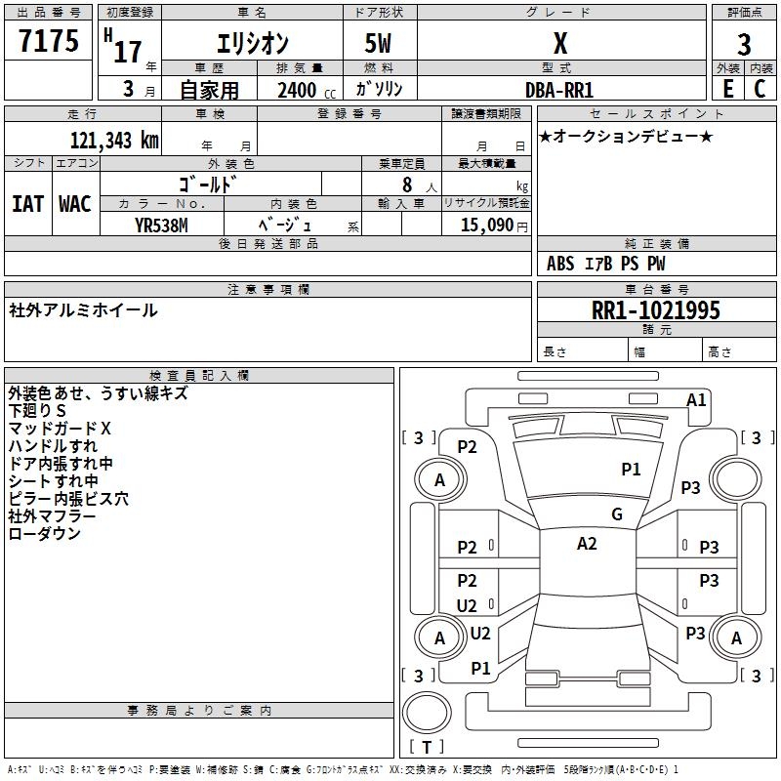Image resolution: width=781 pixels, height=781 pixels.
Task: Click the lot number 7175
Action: click(49, 40)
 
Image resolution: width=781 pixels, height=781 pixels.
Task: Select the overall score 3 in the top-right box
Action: click(744, 45)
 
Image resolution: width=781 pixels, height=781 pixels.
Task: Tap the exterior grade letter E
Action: click(727, 89)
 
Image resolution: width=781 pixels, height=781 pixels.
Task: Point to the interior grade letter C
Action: click(760, 89)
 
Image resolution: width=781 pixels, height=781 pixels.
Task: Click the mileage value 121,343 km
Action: click(114, 140)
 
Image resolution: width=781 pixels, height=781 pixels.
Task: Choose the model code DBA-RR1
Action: click(559, 90)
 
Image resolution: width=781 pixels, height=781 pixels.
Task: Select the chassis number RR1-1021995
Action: click(655, 310)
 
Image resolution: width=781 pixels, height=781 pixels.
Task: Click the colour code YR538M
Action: click(161, 226)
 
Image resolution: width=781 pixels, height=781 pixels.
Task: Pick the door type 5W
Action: click(378, 43)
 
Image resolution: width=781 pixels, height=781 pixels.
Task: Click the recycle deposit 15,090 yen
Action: click(494, 226)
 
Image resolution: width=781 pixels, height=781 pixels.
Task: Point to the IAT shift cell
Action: click(27, 204)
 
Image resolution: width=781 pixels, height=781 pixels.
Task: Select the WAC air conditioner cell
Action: click(75, 204)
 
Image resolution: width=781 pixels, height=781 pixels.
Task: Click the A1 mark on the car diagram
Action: click(696, 400)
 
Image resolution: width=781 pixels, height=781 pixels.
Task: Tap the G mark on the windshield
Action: click(617, 514)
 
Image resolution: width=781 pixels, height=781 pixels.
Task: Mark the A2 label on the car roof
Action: click(587, 544)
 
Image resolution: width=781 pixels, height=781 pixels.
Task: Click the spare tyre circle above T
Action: click(427, 713)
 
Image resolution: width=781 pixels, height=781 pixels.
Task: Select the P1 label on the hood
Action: click(631, 470)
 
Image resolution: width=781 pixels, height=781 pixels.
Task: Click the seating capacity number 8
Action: click(407, 185)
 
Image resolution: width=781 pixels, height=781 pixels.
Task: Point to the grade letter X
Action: click(560, 43)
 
